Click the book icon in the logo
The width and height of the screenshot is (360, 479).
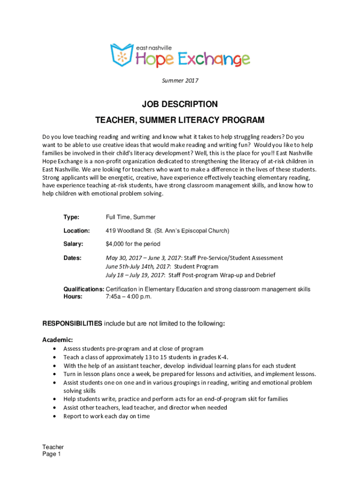[x=122, y=55]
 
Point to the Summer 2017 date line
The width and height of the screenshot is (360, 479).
[x=180, y=81]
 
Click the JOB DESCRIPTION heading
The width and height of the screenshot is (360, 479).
[x=180, y=104]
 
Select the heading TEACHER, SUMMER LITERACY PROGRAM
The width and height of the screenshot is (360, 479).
[x=180, y=121]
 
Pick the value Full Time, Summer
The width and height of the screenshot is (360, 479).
[x=130, y=218]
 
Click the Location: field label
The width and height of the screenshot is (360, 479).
[x=77, y=231]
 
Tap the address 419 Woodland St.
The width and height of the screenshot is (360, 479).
[x=129, y=231]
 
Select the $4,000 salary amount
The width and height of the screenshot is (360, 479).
[x=116, y=244]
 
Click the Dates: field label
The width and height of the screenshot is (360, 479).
[x=72, y=258]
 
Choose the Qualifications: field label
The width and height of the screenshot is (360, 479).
[x=84, y=290]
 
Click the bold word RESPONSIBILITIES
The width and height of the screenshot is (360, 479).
[x=72, y=323]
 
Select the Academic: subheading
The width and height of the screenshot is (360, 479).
[x=58, y=340]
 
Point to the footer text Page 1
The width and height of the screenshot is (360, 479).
[x=51, y=454]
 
